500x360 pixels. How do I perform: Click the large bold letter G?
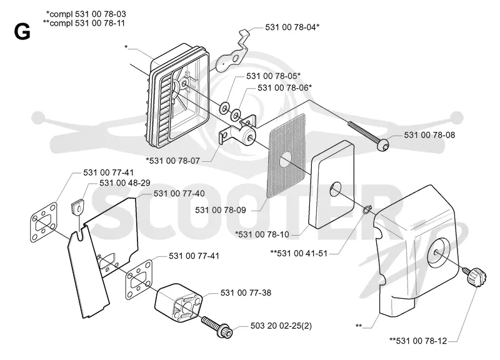[x=22, y=32]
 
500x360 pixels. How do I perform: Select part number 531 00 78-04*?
[x=292, y=27]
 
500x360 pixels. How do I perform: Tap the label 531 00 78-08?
[x=429, y=135]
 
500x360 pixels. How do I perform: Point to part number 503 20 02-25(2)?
[x=281, y=326]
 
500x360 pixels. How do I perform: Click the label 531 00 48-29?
[x=124, y=182]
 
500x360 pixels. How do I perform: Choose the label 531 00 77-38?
[x=246, y=292]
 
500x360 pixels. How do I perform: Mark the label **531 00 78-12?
[x=418, y=341]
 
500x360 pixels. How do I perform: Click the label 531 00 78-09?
[x=221, y=210]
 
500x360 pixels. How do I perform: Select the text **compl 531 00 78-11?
[x=84, y=23]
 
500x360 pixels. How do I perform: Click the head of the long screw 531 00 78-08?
[x=382, y=146]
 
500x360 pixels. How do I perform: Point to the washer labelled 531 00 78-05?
[x=224, y=107]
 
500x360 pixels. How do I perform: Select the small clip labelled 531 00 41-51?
[x=366, y=209]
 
